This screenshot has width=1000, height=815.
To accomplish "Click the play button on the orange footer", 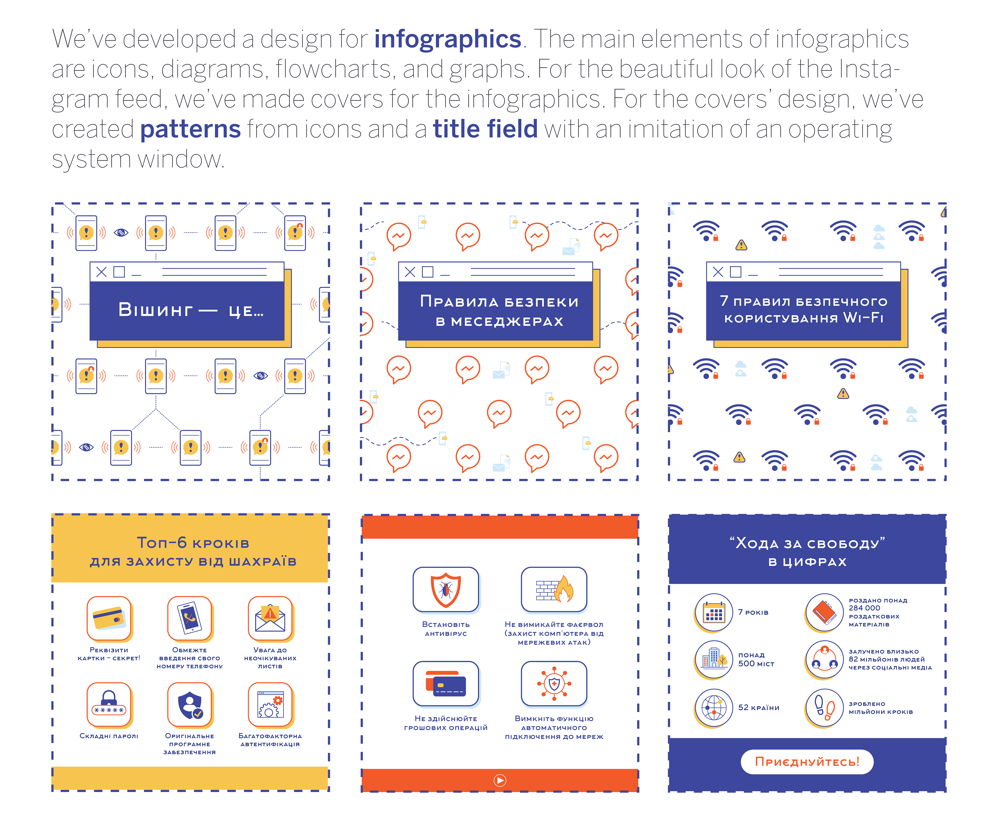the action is [499, 780].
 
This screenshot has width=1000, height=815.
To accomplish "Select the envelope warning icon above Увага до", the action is [270, 619].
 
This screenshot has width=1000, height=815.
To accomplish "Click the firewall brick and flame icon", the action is [554, 590].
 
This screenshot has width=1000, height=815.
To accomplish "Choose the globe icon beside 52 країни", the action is [714, 707].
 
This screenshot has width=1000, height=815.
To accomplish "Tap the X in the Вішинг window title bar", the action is [101, 272].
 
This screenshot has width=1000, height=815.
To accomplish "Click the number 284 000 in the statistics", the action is [864, 608].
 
